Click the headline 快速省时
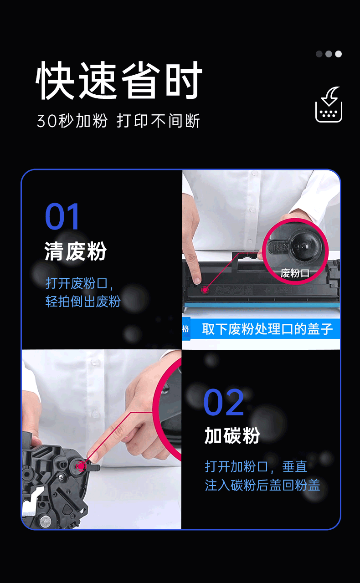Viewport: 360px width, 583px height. pos(119,81)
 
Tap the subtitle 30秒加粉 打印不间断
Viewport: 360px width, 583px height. pos(118,121)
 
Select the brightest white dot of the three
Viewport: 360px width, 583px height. pos(338,54)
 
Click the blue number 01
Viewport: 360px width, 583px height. pos(62,217)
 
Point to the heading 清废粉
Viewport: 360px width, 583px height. pos(76,251)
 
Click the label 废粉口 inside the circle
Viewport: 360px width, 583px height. pos(295,273)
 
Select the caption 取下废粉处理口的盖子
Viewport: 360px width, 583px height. pos(267,329)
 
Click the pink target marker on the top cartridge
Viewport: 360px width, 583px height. pos(205,289)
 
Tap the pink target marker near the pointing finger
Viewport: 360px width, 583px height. pos(81,465)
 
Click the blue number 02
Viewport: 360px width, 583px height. pos(224,403)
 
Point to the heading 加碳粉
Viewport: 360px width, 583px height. pos(232,436)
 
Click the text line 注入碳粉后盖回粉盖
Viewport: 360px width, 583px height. pos(262,485)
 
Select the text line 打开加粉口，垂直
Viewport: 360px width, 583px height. pos(256,466)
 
